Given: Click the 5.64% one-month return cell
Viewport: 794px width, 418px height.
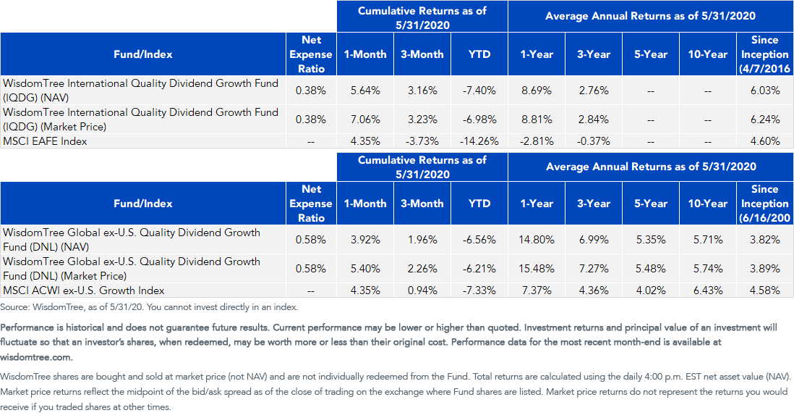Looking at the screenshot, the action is (365, 91).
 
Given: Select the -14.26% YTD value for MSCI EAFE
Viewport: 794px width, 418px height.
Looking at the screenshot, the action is (479, 141).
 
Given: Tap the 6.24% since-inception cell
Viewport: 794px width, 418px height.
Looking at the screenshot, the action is (764, 120).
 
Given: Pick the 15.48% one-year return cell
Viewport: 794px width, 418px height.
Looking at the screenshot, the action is (537, 268).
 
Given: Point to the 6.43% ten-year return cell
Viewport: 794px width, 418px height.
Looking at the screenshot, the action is (707, 290).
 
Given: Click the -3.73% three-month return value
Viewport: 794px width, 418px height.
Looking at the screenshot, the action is (422, 141).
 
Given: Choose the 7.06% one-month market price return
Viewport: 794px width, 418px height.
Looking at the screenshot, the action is (365, 120).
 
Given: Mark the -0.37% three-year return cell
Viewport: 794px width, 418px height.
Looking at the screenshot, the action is (594, 141).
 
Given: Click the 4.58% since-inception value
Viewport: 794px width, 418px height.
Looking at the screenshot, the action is (764, 290).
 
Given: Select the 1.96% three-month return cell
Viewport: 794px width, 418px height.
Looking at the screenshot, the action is (422, 240).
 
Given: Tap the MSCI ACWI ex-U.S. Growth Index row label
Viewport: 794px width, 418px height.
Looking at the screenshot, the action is (84, 290).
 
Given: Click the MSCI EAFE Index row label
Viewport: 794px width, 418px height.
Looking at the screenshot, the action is (45, 141).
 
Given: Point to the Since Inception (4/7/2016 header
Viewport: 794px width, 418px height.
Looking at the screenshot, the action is (765, 54).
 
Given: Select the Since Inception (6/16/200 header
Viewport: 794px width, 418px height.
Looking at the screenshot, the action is (765, 204).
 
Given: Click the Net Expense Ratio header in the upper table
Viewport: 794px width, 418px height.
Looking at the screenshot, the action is (311, 54).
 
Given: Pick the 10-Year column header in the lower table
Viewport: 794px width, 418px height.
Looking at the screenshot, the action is (707, 204).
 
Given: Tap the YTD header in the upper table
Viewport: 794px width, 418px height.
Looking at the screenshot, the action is (479, 54).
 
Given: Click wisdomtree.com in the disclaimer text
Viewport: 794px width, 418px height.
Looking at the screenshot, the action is (36, 357).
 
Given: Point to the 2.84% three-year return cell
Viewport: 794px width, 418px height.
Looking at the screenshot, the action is (594, 120).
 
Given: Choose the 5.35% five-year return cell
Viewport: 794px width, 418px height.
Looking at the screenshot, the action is (651, 240).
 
